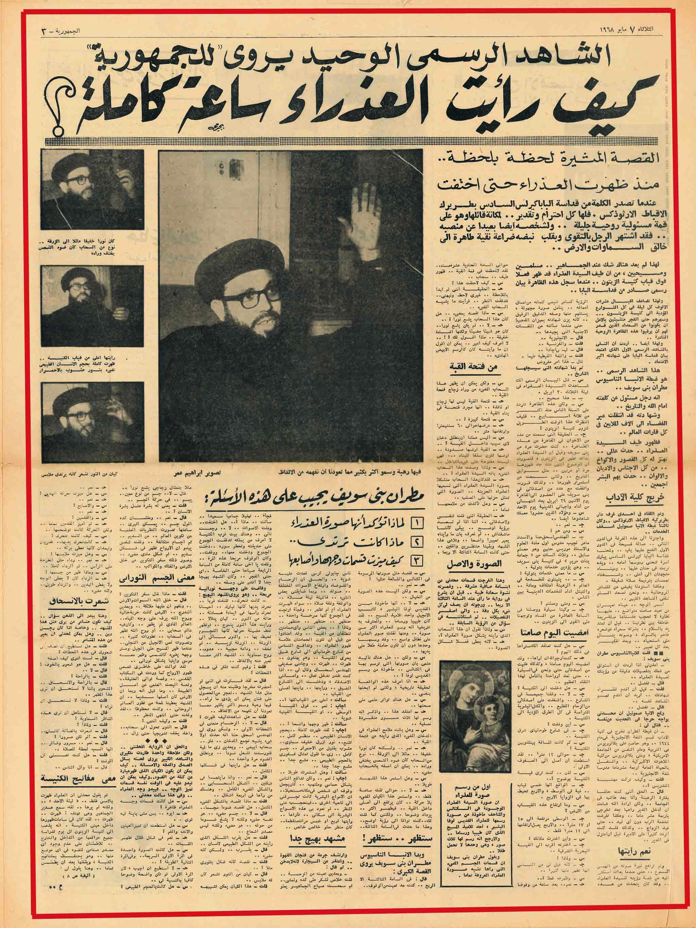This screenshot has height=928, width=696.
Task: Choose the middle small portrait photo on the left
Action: [92, 300]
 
